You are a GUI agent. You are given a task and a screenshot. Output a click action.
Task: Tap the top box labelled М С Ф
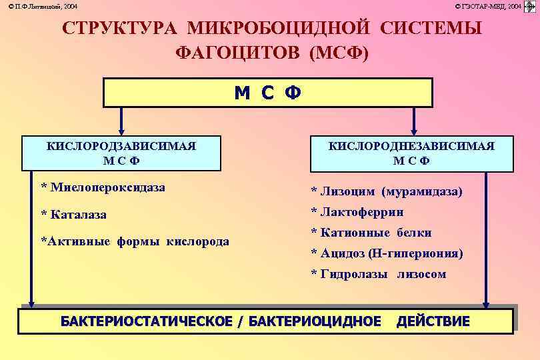pos(267,93)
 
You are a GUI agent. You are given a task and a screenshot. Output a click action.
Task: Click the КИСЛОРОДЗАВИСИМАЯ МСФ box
pos(121,153)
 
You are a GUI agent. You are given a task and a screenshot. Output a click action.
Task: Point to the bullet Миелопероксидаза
pos(103,188)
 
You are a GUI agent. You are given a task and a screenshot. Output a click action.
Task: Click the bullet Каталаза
pos(74,215)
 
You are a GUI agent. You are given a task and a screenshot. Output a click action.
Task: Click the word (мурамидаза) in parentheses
pos(422,192)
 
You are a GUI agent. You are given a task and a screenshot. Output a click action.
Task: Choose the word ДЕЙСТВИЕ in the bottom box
pos(433,321)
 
